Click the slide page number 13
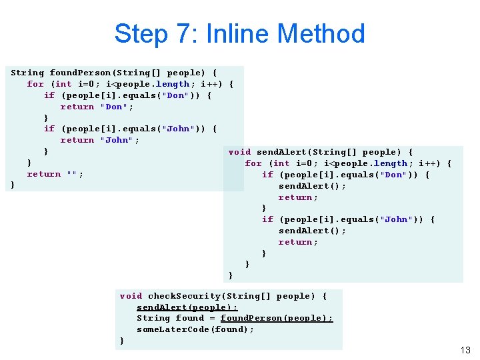[465, 350]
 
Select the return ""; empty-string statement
[55, 174]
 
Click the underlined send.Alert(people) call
[187, 307]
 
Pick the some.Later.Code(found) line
[195, 329]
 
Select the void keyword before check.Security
[131, 296]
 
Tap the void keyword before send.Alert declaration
[239, 152]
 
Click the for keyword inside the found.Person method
[35, 84]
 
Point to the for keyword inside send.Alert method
[253, 163]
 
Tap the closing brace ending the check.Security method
[121, 341]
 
